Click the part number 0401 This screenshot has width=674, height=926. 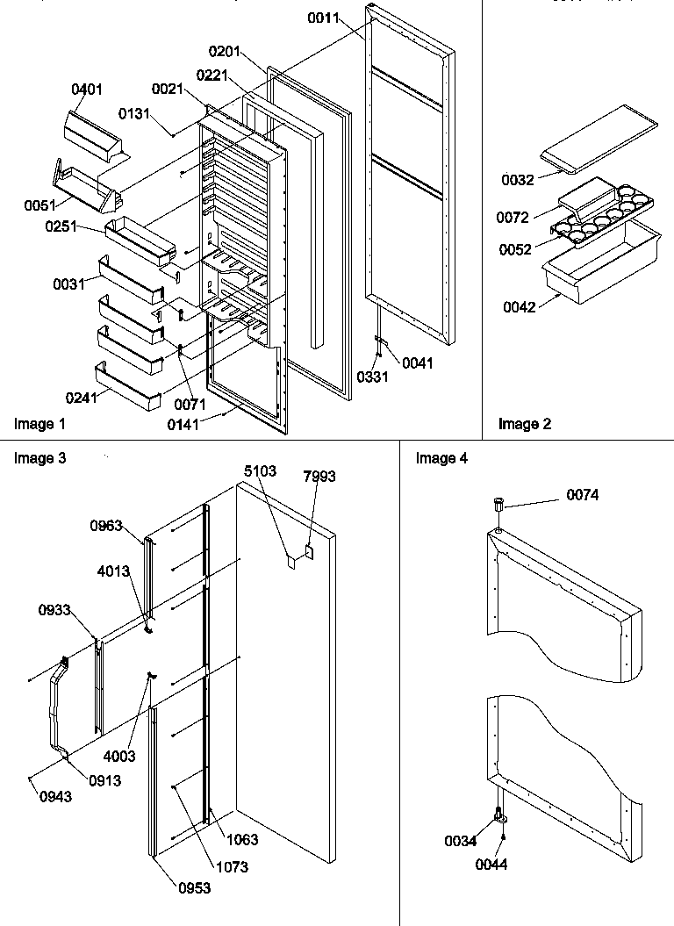pos(87,89)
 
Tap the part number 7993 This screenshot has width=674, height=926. pos(319,477)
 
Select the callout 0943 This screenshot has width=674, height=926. pos(54,796)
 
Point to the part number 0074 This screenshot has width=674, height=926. pos(582,496)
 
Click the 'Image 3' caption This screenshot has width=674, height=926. pos(39,458)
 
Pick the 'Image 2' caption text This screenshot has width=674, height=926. pos(525,425)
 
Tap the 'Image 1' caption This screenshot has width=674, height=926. pos(39,425)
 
